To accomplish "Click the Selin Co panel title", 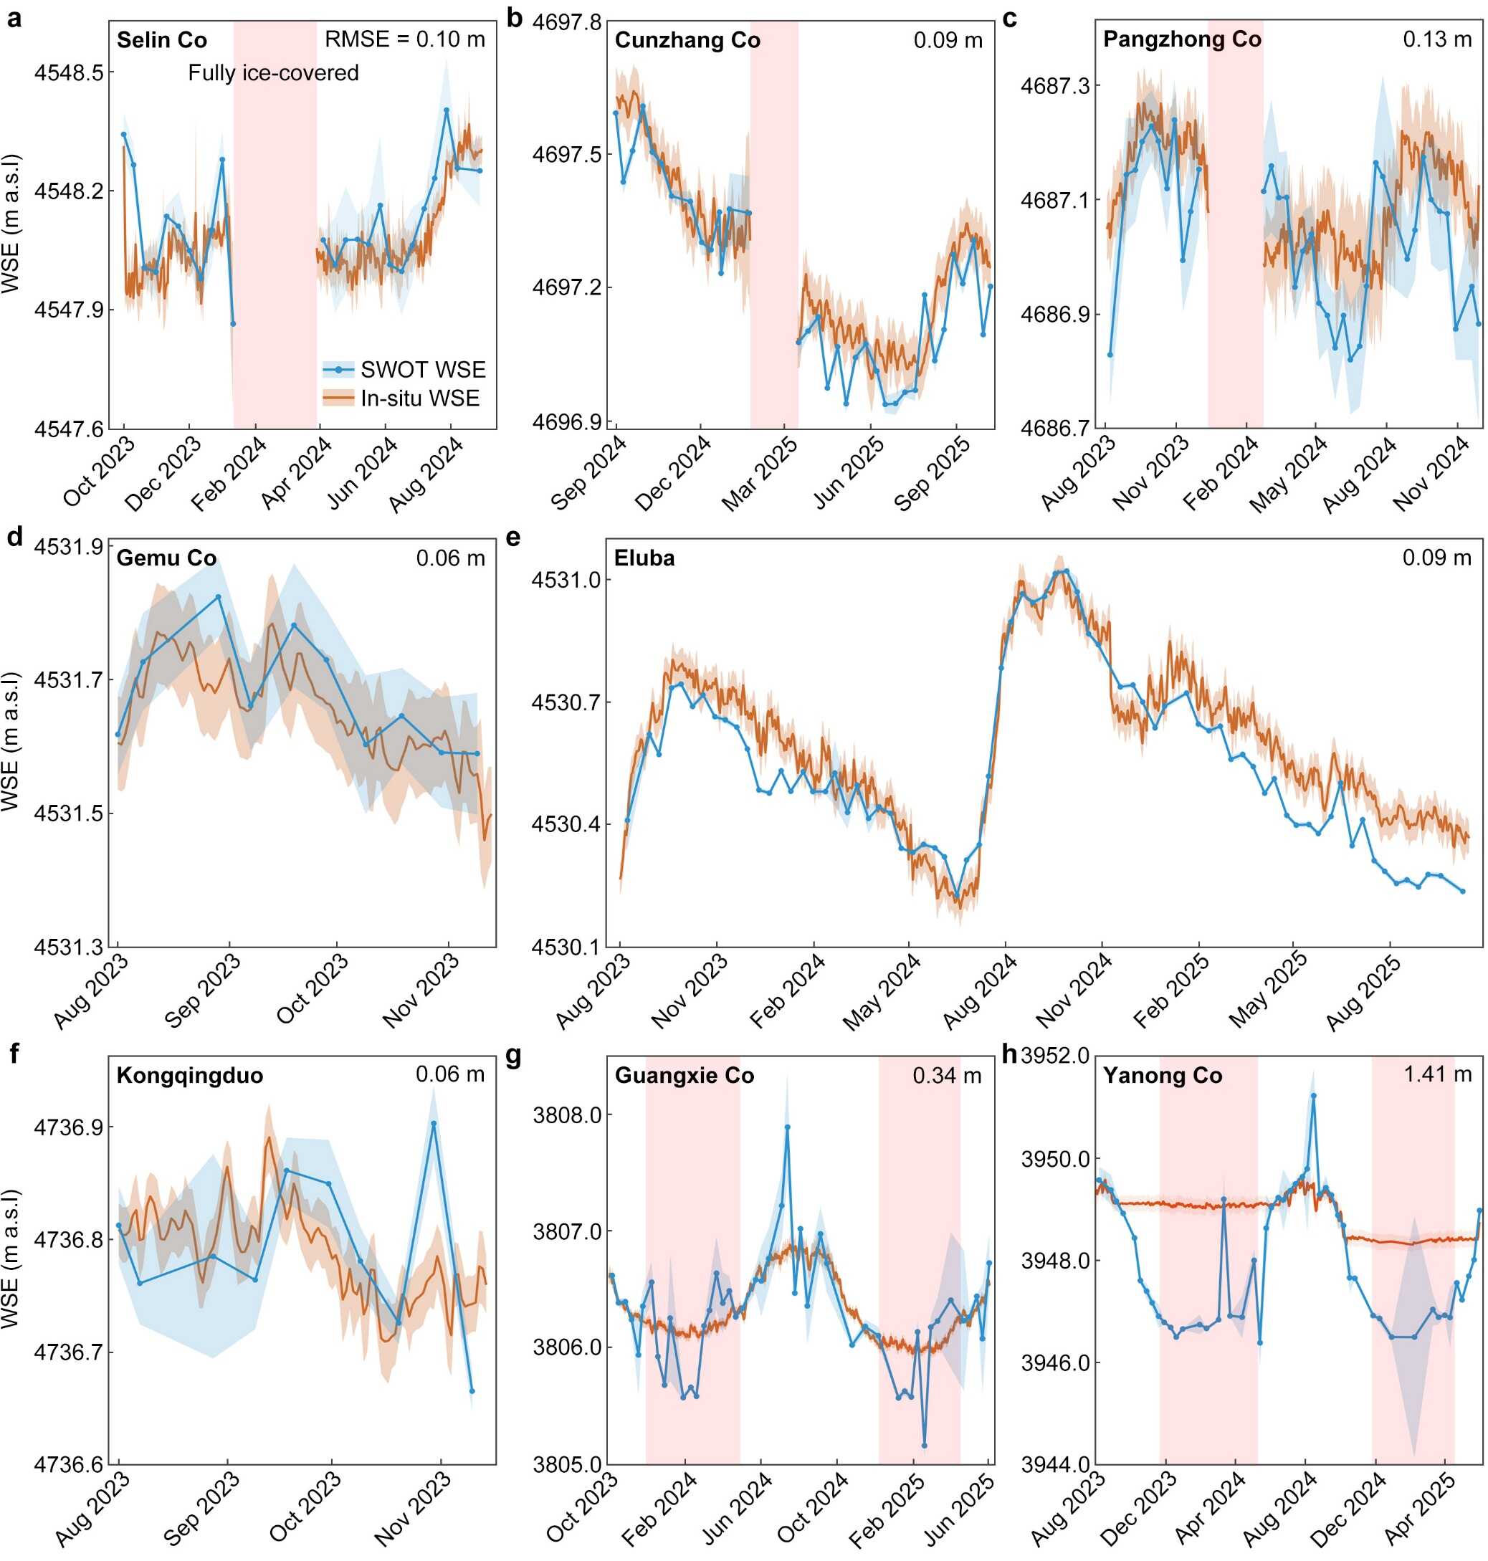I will [x=162, y=40].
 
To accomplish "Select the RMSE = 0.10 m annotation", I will [x=404, y=39].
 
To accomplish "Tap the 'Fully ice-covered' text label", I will [x=273, y=73].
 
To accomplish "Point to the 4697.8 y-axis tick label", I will [x=566, y=22].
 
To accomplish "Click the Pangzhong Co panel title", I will [x=1182, y=39].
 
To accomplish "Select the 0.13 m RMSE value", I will [x=1437, y=39].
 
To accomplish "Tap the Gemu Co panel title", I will [x=166, y=558].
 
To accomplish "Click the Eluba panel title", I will [x=644, y=558].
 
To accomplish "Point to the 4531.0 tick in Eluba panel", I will [x=559, y=580].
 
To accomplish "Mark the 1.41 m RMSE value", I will [x=1437, y=1075].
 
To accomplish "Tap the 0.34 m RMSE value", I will [x=947, y=1076].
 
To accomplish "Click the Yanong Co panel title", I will [x=1163, y=1076].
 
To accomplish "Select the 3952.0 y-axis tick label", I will [x=1055, y=1056].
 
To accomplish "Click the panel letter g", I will [x=514, y=1056].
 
